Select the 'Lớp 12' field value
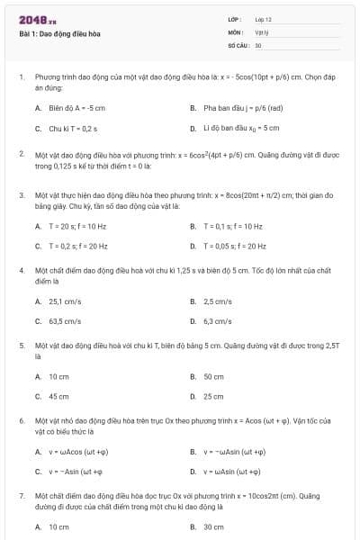pos(263,19)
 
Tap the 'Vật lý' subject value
pos(262,31)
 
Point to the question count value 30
pos(258,44)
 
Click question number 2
pos(21,154)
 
